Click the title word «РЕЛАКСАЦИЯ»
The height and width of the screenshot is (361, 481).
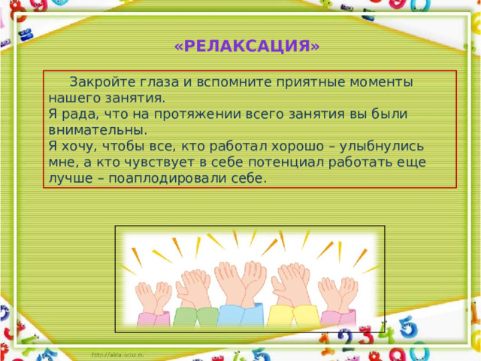247,46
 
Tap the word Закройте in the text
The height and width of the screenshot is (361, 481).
102,82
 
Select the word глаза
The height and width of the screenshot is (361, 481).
159,82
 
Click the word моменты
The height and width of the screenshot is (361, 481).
381,82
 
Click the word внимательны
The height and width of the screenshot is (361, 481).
98,130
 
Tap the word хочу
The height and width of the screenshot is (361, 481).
79,147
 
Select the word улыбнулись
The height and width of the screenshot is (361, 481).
382,147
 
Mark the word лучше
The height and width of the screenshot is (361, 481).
71,179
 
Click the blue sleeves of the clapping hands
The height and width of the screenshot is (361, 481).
240,315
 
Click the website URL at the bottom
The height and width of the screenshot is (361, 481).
118,355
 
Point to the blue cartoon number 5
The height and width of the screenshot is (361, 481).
407,328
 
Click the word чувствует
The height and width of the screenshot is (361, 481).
159,162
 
